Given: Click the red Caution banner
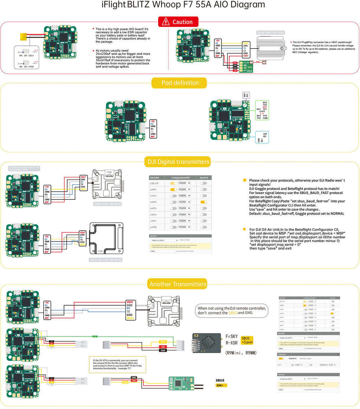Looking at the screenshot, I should point(178,22).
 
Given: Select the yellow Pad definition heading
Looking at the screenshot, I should point(179,83).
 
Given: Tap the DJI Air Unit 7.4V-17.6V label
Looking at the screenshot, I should point(270,32).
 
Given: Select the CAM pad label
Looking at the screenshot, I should point(265,118).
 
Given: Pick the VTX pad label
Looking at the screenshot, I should point(265,115).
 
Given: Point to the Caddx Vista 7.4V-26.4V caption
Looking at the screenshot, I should point(107,204).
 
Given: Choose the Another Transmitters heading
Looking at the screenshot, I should point(178,284).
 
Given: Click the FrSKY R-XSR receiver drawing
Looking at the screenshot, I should point(206,343).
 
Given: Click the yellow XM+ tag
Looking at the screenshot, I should point(221,385).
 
